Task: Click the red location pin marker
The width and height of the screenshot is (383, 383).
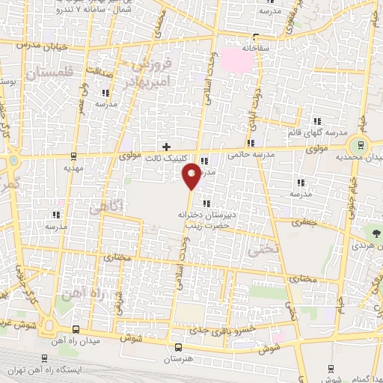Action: pos(191,175)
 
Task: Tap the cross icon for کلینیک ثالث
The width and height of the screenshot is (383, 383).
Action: pos(166,146)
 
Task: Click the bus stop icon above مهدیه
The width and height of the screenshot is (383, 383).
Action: pos(73,156)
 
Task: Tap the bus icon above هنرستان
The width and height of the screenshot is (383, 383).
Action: pos(178,347)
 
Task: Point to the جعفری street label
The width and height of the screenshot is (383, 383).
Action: pos(304,223)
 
